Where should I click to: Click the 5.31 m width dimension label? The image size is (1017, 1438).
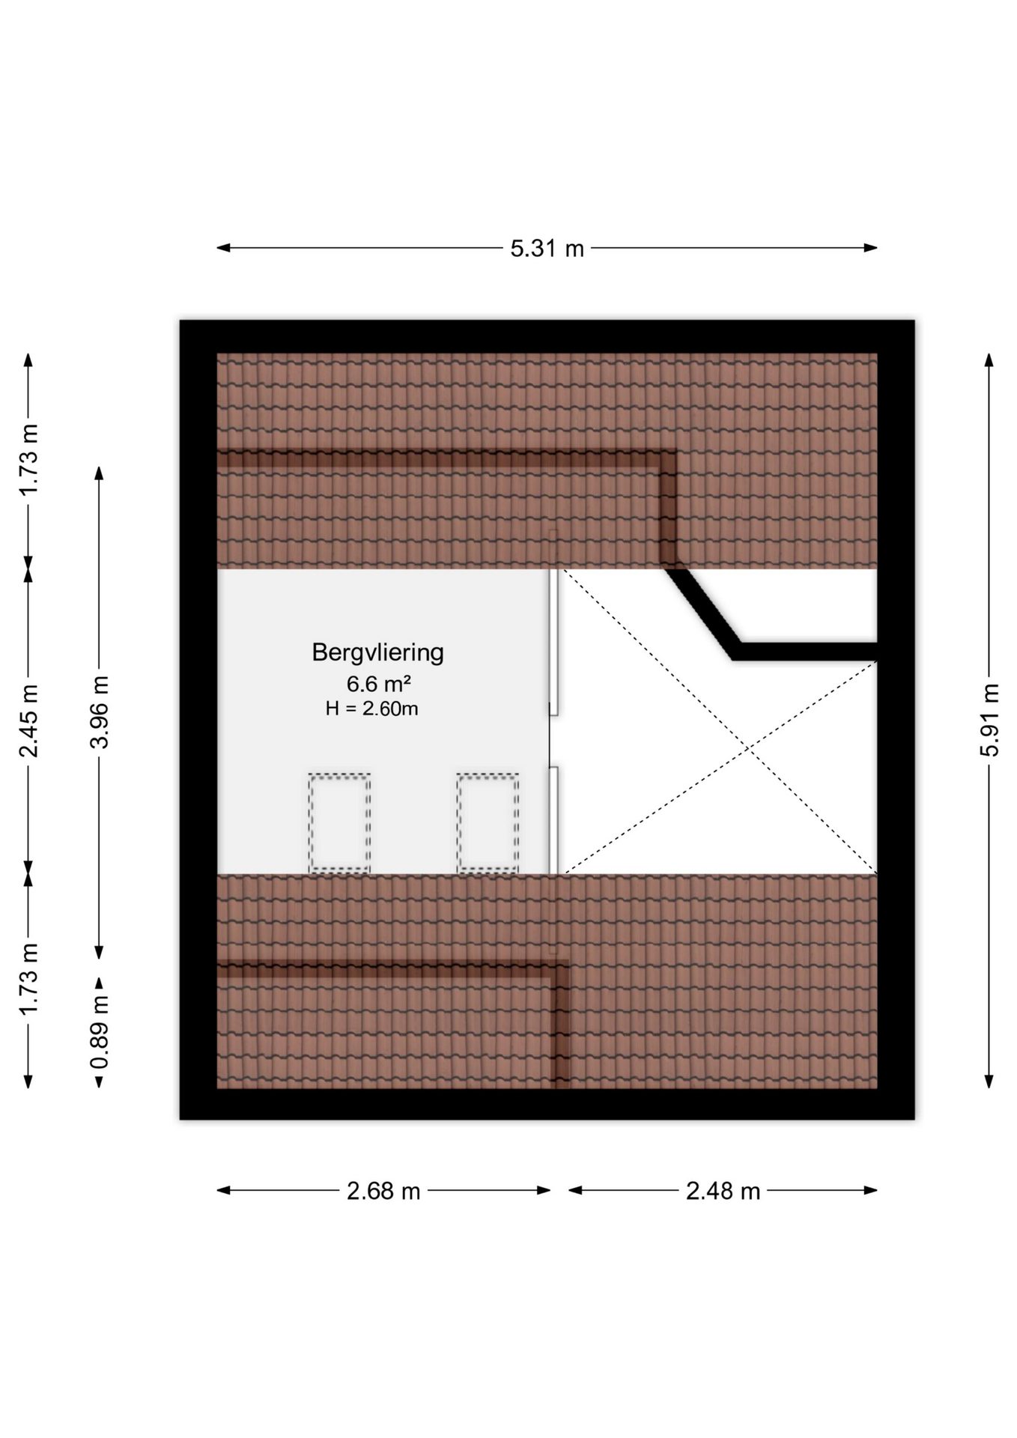coord(547,248)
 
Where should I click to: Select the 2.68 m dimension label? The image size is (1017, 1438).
coord(383,1190)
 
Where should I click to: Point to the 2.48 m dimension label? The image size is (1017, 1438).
coord(723,1190)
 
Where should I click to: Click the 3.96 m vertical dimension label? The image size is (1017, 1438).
coord(100,712)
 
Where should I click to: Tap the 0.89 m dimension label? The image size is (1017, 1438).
coord(100,1032)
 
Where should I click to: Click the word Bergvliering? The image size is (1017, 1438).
coord(377,652)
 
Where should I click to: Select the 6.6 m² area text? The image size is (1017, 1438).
coord(378,683)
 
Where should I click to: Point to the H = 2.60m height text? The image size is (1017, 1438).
coord(371,708)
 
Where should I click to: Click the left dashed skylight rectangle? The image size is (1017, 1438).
coord(339,822)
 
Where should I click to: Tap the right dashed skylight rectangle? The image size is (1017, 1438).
coord(488,822)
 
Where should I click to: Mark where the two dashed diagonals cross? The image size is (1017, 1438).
coord(750,747)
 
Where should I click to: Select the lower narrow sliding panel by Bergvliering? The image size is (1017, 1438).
coord(553,820)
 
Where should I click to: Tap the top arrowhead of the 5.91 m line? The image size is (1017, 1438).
coord(989,360)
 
